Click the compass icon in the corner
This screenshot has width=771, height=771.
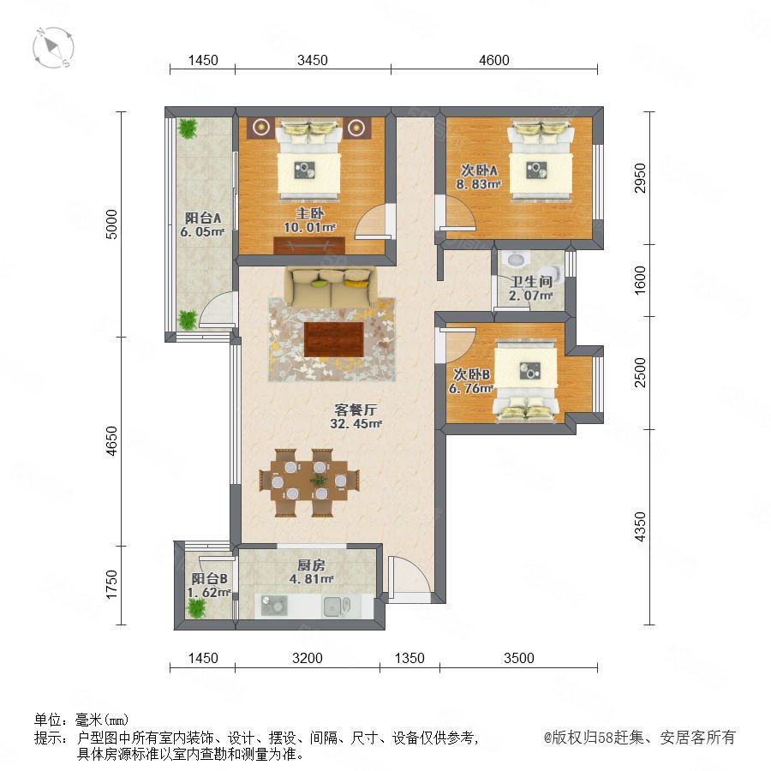pos(53,48)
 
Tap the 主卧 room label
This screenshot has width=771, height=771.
pos(309,213)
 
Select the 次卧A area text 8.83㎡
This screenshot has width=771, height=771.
pos(478,184)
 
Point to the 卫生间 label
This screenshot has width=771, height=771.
pos(531,282)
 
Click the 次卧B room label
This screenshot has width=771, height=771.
pos(471,374)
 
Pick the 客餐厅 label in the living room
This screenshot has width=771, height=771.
pos(356,409)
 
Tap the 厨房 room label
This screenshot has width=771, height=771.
pos(311,565)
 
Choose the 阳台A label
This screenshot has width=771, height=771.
pos(202,218)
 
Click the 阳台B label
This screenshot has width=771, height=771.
pos(209,579)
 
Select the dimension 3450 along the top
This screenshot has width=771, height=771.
pos(312,60)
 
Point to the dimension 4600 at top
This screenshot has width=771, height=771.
pos(494,60)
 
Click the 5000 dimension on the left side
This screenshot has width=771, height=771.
pos(112,224)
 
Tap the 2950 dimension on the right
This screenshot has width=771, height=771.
pos(640,178)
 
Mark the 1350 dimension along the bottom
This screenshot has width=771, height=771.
pos(409,658)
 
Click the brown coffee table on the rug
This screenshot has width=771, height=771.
pos(333,339)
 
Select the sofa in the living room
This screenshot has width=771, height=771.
pos(332,287)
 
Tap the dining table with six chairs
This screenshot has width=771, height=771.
pos(309,481)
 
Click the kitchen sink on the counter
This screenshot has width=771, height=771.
pos(337,607)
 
